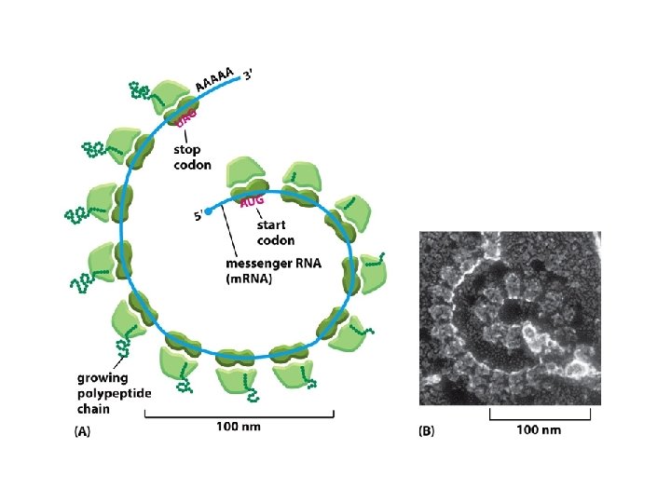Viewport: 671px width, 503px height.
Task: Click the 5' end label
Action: pos(199,217)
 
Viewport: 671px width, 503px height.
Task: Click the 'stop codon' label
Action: pos(191,156)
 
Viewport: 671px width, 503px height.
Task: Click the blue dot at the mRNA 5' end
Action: pos(209,211)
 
